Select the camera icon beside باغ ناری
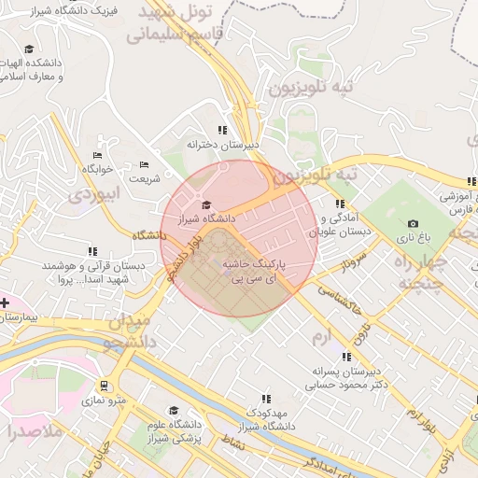pyautogui.click(x=413, y=224)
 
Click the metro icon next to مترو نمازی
pyautogui.click(x=103, y=386)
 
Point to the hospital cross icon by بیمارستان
pyautogui.click(x=5, y=302)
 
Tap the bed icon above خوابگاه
pyautogui.click(x=97, y=156)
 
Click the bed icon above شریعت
pyautogui.click(x=144, y=164)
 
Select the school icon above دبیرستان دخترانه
pyautogui.click(x=221, y=131)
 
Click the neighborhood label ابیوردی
pyautogui.click(x=94, y=195)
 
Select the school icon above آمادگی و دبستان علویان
pyautogui.click(x=340, y=204)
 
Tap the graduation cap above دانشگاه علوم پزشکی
pyautogui.click(x=173, y=411)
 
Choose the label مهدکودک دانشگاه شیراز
pyautogui.click(x=257, y=418)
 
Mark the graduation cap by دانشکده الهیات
pyautogui.click(x=29, y=49)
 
